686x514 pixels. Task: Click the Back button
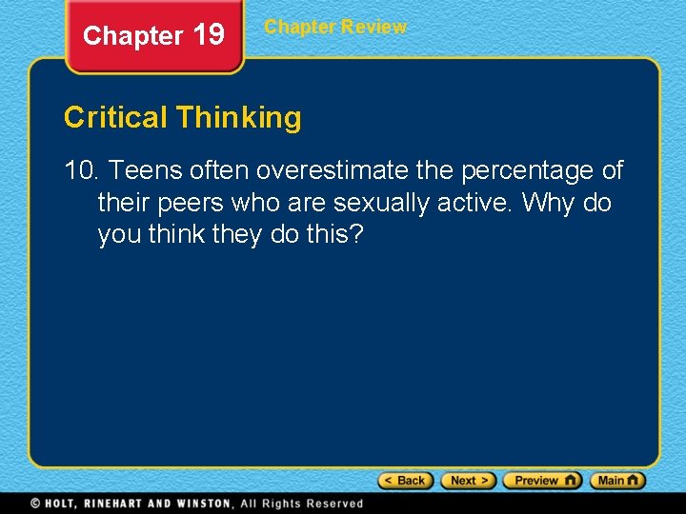pos(406,481)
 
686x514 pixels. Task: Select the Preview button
pos(542,481)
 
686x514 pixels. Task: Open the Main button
pos(617,481)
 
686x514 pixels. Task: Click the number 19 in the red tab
pos(209,35)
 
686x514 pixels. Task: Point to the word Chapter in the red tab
pos(132,36)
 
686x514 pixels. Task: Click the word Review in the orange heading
pos(374,27)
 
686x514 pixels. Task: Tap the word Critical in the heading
pos(115,118)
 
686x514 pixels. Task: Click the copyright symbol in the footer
pos(35,503)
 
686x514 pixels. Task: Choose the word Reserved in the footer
pos(333,503)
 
